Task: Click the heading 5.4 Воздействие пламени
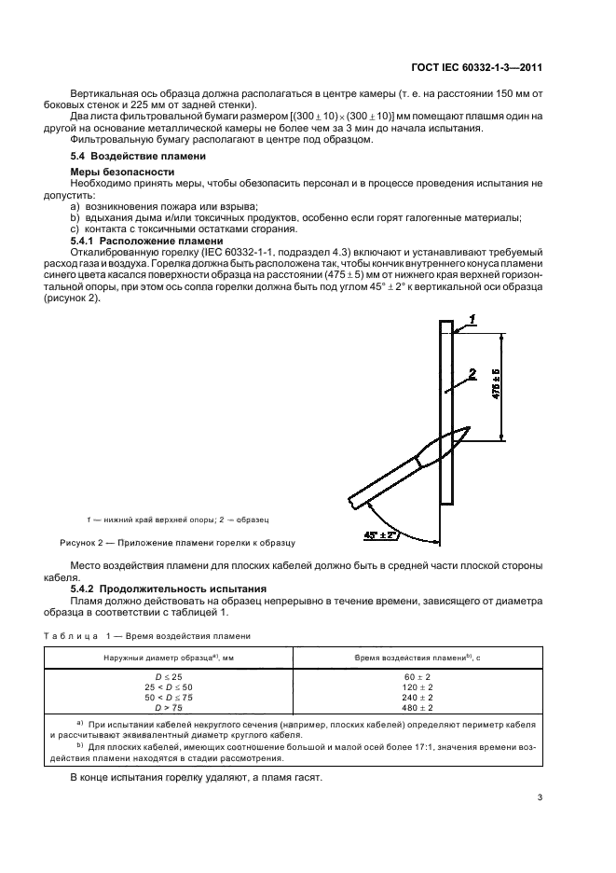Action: click(127, 158)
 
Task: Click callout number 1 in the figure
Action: click(473, 319)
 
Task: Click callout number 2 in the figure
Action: click(473, 374)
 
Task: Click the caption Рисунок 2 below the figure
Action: click(177, 541)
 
